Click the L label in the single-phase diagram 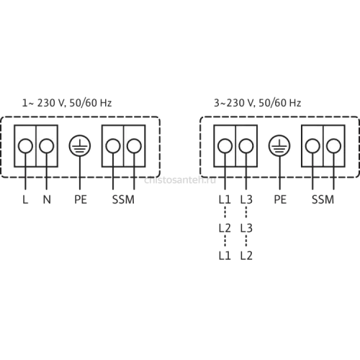point(25,199)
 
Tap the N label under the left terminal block point(47,199)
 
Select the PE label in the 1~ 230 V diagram point(81,199)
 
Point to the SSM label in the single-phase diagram point(123,199)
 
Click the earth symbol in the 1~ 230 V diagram point(80,145)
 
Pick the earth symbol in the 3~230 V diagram point(279,145)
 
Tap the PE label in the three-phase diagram point(280,199)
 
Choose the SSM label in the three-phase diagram point(323,199)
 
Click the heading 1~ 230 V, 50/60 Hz point(67,103)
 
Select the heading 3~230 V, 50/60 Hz point(258,103)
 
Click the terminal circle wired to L point(25,146)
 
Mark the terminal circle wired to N point(46,146)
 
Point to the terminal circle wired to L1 point(225,146)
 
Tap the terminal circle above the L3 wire point(246,146)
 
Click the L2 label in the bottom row point(246,256)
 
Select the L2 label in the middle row point(225,228)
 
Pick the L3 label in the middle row point(246,228)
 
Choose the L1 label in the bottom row point(225,256)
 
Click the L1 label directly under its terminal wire point(225,199)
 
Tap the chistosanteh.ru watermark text point(180,180)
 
